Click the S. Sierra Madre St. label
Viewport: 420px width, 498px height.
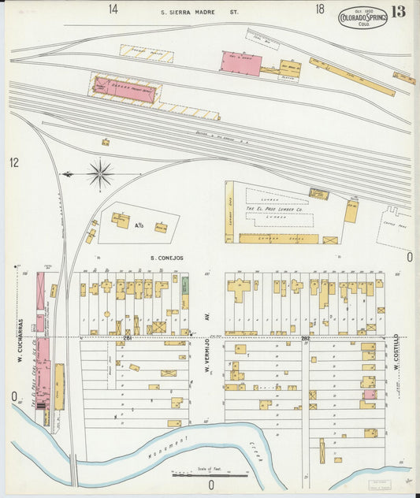199,12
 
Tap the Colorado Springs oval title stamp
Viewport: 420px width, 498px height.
362,17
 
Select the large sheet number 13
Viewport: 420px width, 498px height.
397,12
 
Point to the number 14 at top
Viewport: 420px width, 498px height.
114,9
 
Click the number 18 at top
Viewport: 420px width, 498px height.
319,9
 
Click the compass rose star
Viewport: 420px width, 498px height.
100,173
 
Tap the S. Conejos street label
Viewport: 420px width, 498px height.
166,258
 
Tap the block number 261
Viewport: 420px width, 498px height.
127,337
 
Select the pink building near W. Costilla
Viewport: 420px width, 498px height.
368,394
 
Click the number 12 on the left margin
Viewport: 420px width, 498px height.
13,162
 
